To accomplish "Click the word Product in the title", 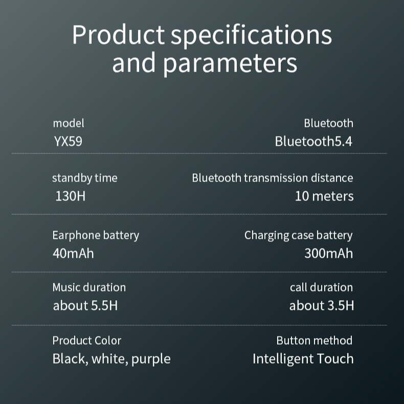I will point(118,35).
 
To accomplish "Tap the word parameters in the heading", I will point(230,63).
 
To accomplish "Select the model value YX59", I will point(68,141).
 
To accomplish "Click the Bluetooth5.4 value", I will point(313,141).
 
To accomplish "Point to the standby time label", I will point(84,178).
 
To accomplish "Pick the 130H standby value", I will point(71,196).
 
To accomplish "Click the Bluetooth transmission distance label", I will point(272,178).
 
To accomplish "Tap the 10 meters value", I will point(324,196).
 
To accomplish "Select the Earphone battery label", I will point(96,235).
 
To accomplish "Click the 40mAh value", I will point(73,253).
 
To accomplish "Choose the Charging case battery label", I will point(298,235).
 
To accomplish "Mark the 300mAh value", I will point(328,253).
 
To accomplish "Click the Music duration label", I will point(89,287).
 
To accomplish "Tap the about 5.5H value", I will point(85,306).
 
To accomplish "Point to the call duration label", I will point(321,287).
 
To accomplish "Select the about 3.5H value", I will point(321,306).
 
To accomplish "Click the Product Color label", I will point(86,341).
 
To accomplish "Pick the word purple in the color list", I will point(151,359).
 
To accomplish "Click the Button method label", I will point(314,341).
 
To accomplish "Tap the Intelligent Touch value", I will point(303,358).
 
